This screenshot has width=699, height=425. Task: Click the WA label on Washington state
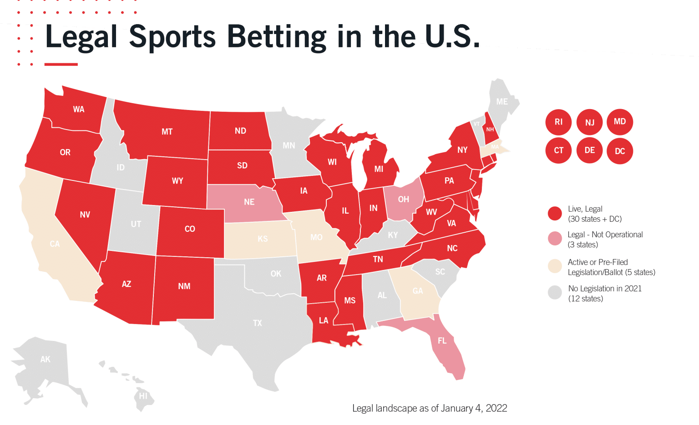(x=79, y=109)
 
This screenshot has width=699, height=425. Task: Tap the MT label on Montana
(x=167, y=132)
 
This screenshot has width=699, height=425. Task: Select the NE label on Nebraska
(x=249, y=202)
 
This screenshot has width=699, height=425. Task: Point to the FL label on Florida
(x=442, y=340)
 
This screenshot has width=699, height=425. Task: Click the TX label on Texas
(x=258, y=323)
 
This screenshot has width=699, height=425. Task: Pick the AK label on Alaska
(x=46, y=359)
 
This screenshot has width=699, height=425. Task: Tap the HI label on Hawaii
(x=143, y=396)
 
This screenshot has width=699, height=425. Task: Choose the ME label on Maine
(x=502, y=101)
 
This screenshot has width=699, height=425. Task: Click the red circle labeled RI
(x=558, y=122)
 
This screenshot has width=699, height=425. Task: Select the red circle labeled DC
(x=620, y=151)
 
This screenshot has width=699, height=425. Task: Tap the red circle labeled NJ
(x=589, y=122)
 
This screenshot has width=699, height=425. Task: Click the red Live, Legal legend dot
(x=555, y=214)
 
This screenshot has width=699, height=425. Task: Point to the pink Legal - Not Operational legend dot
(x=555, y=239)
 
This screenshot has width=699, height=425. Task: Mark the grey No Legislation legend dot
(x=555, y=293)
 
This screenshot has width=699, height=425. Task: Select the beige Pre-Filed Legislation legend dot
(x=555, y=266)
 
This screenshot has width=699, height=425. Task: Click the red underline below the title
(x=61, y=65)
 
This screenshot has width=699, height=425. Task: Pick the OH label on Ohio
(x=403, y=200)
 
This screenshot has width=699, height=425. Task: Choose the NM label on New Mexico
(x=184, y=286)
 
